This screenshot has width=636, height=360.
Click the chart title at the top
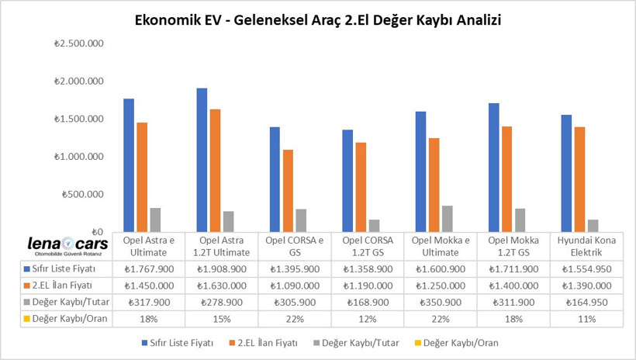[x=318, y=20]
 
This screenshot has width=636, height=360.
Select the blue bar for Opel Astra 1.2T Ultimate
[x=202, y=160]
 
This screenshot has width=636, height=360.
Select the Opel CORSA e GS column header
[x=294, y=246]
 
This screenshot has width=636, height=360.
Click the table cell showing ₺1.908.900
[x=221, y=268]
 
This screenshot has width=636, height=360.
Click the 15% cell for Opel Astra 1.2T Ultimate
[x=221, y=319]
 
